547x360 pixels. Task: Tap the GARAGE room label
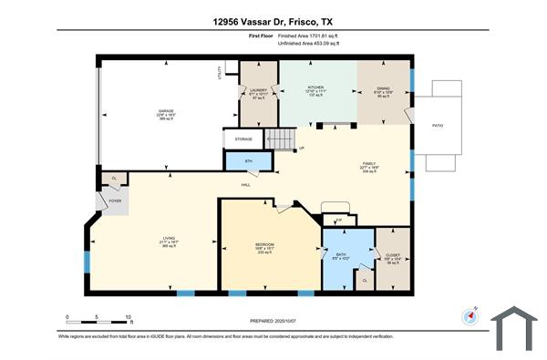(x=166, y=112)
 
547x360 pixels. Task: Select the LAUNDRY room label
(x=257, y=90)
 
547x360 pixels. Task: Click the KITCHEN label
(x=315, y=88)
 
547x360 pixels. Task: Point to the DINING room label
(x=383, y=88)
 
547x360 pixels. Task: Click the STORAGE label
(x=243, y=139)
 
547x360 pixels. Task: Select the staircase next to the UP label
(x=282, y=139)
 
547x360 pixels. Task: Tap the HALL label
(x=246, y=186)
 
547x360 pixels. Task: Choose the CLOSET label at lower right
(x=393, y=256)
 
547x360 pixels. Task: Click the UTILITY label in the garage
(x=220, y=72)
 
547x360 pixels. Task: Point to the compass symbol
(x=470, y=316)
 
